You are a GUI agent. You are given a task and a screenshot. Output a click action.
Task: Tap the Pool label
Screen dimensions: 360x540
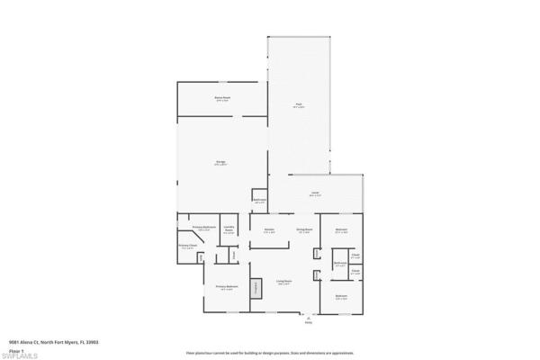(299, 105)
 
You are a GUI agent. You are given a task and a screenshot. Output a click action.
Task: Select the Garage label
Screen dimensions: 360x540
(220, 164)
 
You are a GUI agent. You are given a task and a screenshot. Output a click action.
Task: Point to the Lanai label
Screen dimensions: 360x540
(316, 194)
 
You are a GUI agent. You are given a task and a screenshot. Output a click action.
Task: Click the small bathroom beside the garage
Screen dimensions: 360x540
(259, 201)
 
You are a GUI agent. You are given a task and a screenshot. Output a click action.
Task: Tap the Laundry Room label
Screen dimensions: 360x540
(229, 229)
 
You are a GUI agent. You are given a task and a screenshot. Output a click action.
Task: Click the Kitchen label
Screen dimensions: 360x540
(269, 231)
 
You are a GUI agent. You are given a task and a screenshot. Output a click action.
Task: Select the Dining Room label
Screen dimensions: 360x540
(305, 230)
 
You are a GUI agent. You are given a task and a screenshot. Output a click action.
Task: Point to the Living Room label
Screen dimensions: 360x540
(283, 283)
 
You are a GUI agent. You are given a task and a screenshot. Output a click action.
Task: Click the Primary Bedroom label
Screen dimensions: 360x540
(227, 287)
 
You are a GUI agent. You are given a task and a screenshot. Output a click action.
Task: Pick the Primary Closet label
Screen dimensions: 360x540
(187, 246)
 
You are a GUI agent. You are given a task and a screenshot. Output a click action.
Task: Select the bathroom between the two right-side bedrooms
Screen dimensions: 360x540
(340, 264)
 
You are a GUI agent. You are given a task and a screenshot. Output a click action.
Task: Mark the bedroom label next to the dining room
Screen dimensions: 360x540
(342, 230)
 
